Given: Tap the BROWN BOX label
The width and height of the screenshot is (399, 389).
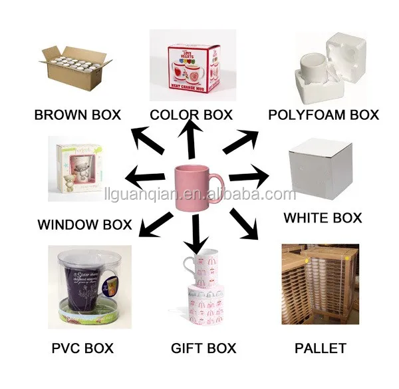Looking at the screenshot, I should pos(78,115).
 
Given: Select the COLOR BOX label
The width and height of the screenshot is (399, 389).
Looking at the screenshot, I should pos(191,115).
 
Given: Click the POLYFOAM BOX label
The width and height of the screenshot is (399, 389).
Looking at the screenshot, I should pos(323,115).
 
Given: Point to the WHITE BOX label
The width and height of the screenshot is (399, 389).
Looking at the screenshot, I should pos(323,218).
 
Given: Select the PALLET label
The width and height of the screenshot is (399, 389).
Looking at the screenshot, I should pos(320,348).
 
